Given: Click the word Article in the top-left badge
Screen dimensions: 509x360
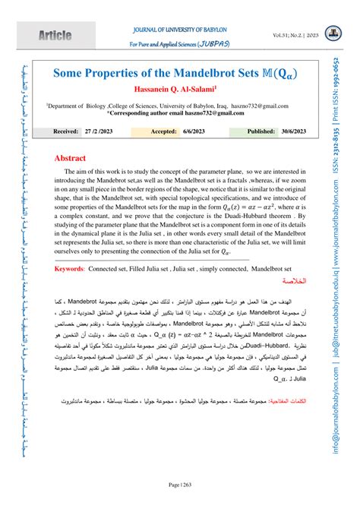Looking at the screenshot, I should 40,36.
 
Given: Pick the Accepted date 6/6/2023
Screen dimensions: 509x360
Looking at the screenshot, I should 213,131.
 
